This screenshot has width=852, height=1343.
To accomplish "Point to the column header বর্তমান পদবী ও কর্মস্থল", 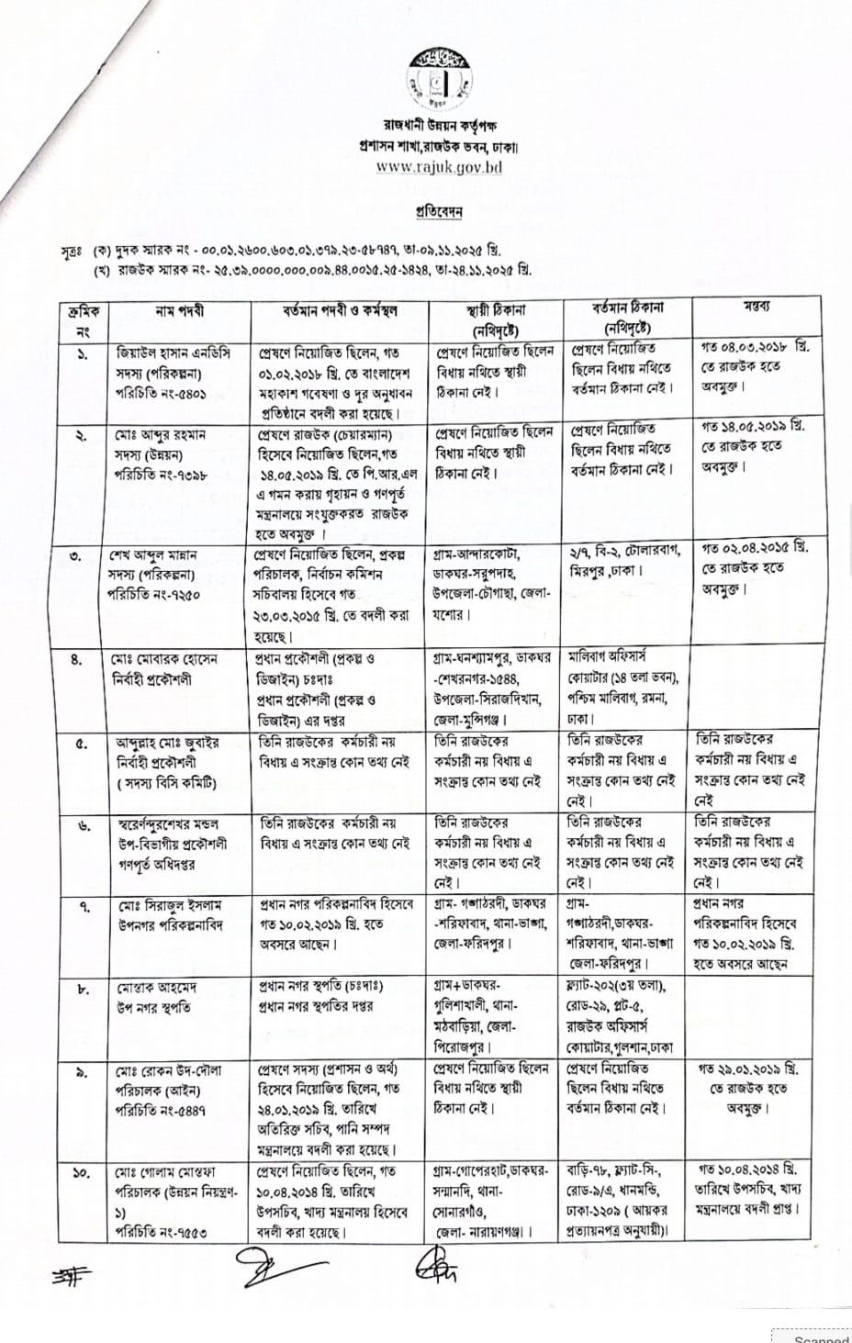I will (340, 311).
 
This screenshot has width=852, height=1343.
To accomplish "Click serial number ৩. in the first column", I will (84, 555).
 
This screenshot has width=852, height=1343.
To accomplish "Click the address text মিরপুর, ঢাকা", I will (607, 570).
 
